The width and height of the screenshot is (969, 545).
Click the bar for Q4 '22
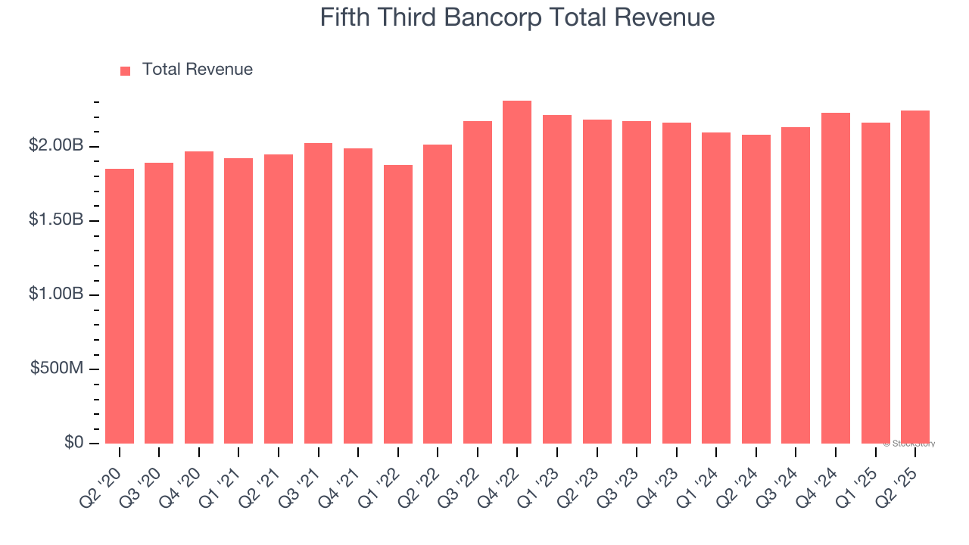[x=517, y=272]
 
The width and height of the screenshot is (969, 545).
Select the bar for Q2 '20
[x=120, y=306]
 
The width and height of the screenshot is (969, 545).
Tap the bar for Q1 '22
[x=398, y=304]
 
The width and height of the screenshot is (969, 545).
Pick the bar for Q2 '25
[x=915, y=277]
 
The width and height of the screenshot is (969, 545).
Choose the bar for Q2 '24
[x=756, y=289]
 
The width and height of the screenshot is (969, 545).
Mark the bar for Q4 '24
[x=836, y=278]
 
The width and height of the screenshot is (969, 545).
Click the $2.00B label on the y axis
[x=55, y=145]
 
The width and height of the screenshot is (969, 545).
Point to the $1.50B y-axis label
[x=55, y=220]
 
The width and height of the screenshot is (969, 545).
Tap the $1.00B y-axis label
[x=55, y=294]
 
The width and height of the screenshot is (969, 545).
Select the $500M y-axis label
[x=57, y=368]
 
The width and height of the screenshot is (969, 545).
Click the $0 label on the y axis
[x=73, y=442]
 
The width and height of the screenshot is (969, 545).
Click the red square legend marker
[x=126, y=70]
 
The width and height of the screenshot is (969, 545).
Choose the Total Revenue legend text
[x=197, y=70]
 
